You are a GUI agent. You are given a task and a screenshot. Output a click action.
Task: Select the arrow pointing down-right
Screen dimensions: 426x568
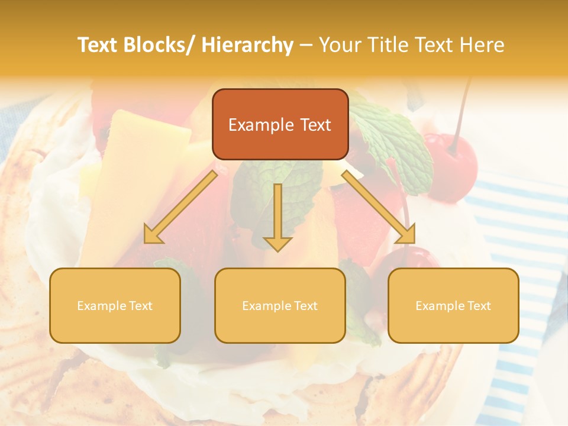pyautogui.click(x=379, y=207)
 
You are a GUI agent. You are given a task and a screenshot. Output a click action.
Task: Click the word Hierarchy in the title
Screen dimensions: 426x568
pyautogui.click(x=247, y=45)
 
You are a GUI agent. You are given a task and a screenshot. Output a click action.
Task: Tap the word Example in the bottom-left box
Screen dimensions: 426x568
pyautogui.click(x=101, y=306)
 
